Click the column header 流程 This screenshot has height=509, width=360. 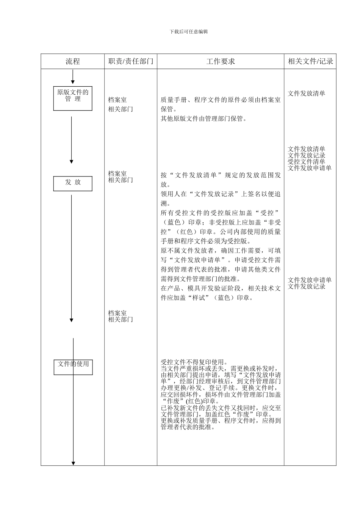pos(73,61)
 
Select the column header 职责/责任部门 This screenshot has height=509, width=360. pos(131,61)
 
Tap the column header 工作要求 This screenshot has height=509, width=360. pos(221,61)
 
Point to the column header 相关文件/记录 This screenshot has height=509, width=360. pos(310,61)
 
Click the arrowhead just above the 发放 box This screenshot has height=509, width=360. pos(71,162)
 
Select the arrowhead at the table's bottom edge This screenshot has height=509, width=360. pos(73,463)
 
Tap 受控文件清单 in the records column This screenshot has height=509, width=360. pos(306,162)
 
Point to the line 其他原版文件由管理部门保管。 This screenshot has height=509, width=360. pos(204,119)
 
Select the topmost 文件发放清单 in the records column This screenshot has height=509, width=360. pos(306,94)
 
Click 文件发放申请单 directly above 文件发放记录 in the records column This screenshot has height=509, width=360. pos(310,280)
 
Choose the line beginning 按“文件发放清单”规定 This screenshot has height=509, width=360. pos(221,175)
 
